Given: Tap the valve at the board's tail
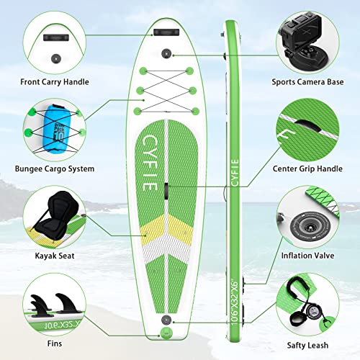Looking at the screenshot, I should (x=166, y=319).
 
